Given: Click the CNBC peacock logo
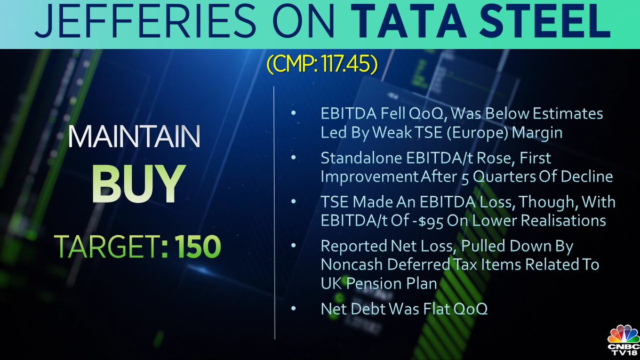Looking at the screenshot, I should [x=623, y=337].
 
